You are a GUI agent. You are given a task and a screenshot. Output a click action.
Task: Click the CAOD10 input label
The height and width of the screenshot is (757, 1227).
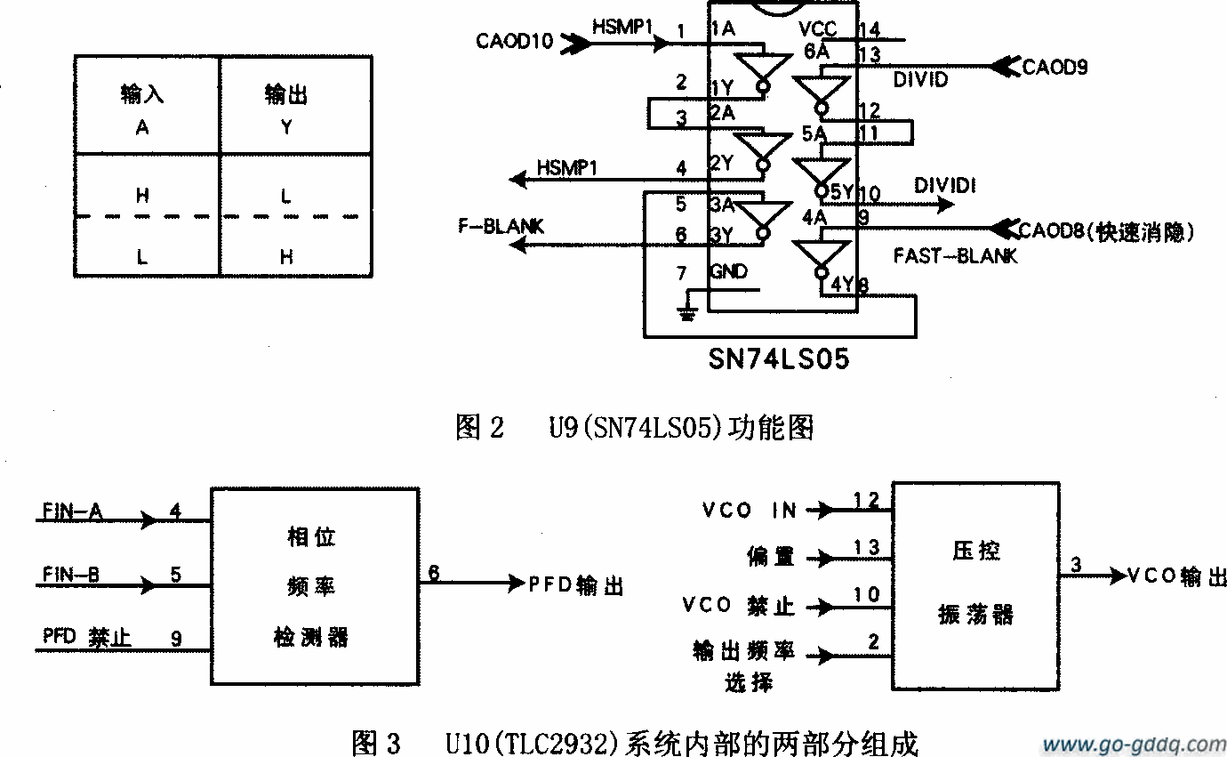point(515,41)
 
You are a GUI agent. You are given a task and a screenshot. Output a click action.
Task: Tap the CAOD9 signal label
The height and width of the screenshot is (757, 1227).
point(1055,67)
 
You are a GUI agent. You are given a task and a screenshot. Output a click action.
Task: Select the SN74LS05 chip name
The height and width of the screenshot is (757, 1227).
point(778,358)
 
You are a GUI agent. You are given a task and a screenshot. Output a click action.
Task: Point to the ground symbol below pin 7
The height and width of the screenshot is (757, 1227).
point(685,312)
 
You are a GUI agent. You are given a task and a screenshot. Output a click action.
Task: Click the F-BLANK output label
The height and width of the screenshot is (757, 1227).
point(501,227)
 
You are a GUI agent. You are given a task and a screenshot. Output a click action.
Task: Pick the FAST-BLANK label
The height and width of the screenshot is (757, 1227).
point(955,256)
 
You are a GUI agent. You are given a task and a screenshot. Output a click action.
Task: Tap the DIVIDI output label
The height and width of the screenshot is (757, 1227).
point(945,186)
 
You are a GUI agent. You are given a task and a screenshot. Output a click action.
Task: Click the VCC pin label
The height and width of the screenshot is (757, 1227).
point(817,29)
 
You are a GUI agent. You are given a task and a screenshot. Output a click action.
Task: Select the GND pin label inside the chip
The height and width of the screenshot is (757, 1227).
point(728,271)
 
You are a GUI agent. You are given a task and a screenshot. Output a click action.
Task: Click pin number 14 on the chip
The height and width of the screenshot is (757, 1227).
point(869,30)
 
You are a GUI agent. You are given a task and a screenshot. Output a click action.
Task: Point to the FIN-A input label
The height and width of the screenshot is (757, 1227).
point(72,511)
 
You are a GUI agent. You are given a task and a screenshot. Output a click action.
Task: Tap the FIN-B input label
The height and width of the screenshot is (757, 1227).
point(72,575)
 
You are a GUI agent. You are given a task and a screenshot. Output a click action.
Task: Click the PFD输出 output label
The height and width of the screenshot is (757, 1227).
point(576,585)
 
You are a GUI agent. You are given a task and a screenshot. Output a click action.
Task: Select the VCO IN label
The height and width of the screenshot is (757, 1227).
point(749,511)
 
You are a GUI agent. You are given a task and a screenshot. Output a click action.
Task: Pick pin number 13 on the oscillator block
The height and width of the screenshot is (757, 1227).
point(866,547)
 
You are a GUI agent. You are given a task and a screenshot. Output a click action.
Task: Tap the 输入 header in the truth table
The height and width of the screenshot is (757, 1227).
point(142,94)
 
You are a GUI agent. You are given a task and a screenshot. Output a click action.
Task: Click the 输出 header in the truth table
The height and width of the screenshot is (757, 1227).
point(286,94)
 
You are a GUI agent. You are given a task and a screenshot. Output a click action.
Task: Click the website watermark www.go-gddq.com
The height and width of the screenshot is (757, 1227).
point(1134,744)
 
